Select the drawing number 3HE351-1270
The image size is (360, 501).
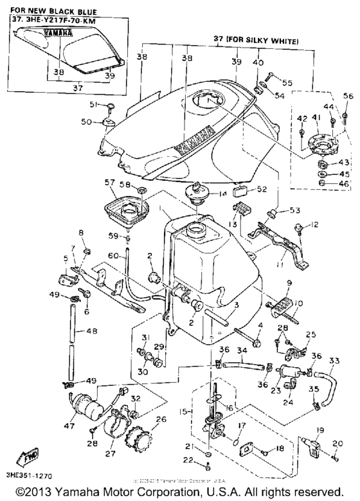27,477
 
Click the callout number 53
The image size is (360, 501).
295,210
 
